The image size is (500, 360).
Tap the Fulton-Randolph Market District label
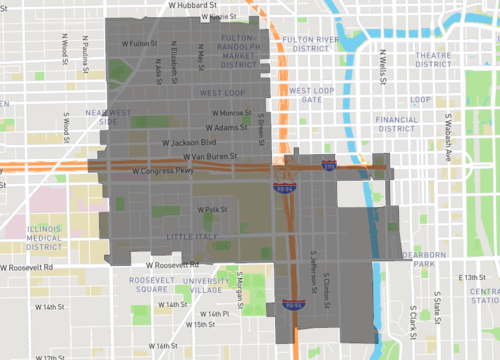240,51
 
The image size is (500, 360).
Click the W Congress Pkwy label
160,169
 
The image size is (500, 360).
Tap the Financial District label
396,123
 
